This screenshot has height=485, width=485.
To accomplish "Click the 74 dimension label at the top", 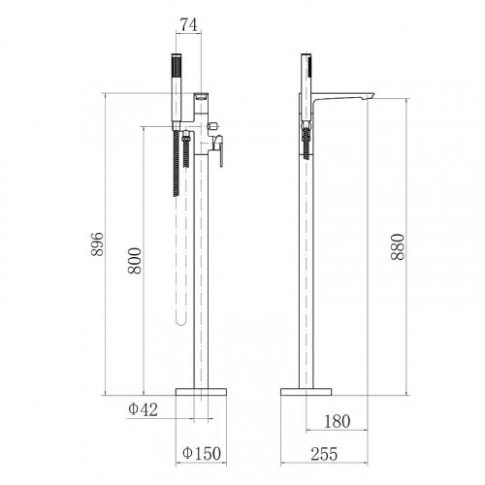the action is [189, 25].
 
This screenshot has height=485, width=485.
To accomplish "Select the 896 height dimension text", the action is [97, 244].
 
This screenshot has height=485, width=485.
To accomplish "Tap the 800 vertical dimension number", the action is [135, 261].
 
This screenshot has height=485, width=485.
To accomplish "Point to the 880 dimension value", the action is [398, 247].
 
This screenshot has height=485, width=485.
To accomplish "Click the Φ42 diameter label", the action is [144, 409].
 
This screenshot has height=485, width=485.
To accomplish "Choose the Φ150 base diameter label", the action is [202, 453].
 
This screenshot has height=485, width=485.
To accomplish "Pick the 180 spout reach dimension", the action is [337, 421].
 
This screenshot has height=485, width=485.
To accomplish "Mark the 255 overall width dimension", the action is [324, 454].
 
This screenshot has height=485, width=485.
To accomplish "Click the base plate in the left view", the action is [201, 392].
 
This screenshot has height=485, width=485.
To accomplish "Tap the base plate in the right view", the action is [306, 392].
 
